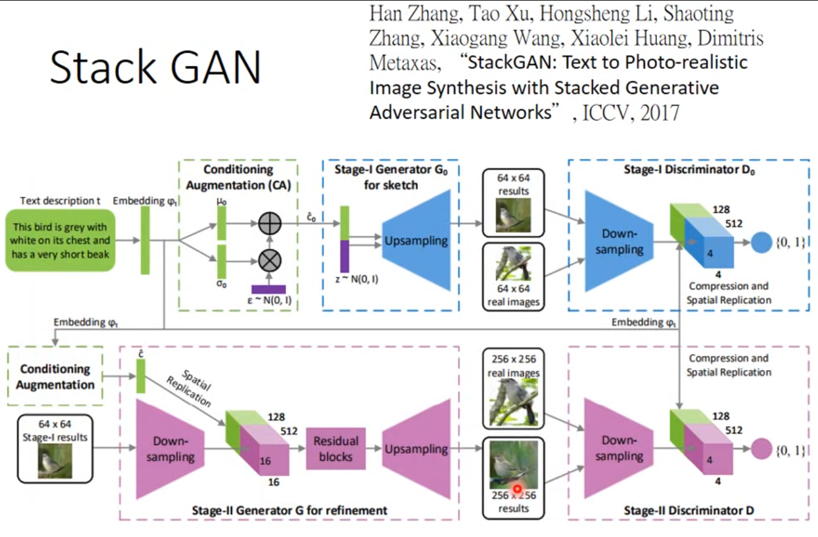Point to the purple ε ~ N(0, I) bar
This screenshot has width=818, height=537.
click(x=269, y=289)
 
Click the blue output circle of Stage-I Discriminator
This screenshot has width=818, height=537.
click(x=761, y=242)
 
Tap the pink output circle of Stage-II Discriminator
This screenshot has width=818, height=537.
click(x=761, y=449)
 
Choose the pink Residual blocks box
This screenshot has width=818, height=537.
click(x=336, y=449)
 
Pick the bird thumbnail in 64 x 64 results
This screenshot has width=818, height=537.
click(x=513, y=216)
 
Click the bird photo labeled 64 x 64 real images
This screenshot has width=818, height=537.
click(x=513, y=263)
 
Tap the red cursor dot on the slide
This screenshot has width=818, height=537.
click(x=517, y=488)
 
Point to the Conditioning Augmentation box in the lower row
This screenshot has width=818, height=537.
click(x=55, y=377)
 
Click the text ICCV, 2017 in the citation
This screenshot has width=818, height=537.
click(x=631, y=113)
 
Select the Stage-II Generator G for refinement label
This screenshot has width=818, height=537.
click(x=289, y=511)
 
